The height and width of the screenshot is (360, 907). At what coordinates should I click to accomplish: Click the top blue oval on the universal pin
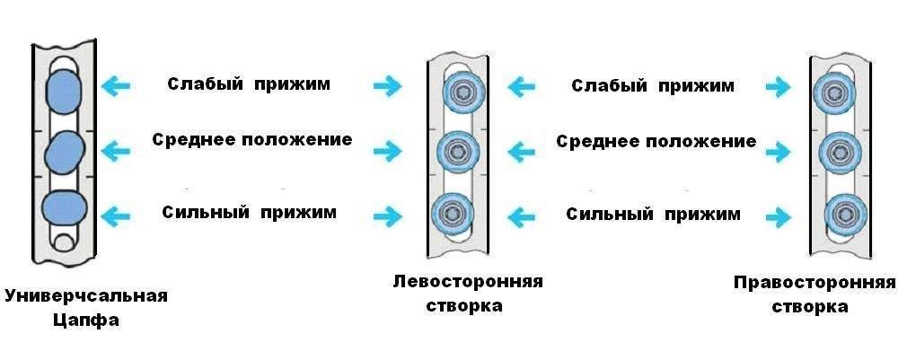point(62,90)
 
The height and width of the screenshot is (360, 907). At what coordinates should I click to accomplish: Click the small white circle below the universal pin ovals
point(63,241)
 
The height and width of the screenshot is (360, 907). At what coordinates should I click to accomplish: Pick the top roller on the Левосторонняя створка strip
point(460,91)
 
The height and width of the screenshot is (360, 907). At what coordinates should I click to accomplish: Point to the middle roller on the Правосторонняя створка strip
point(841,152)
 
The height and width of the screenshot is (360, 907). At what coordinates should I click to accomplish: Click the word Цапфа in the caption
point(86,320)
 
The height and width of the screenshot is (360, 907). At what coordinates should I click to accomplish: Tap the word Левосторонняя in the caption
point(468,281)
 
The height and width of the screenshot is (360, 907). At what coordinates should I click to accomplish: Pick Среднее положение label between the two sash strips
point(656,142)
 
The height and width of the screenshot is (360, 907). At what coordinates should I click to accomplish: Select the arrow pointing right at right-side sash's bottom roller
point(778,217)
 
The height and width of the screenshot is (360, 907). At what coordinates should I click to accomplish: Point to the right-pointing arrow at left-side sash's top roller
point(388,86)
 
